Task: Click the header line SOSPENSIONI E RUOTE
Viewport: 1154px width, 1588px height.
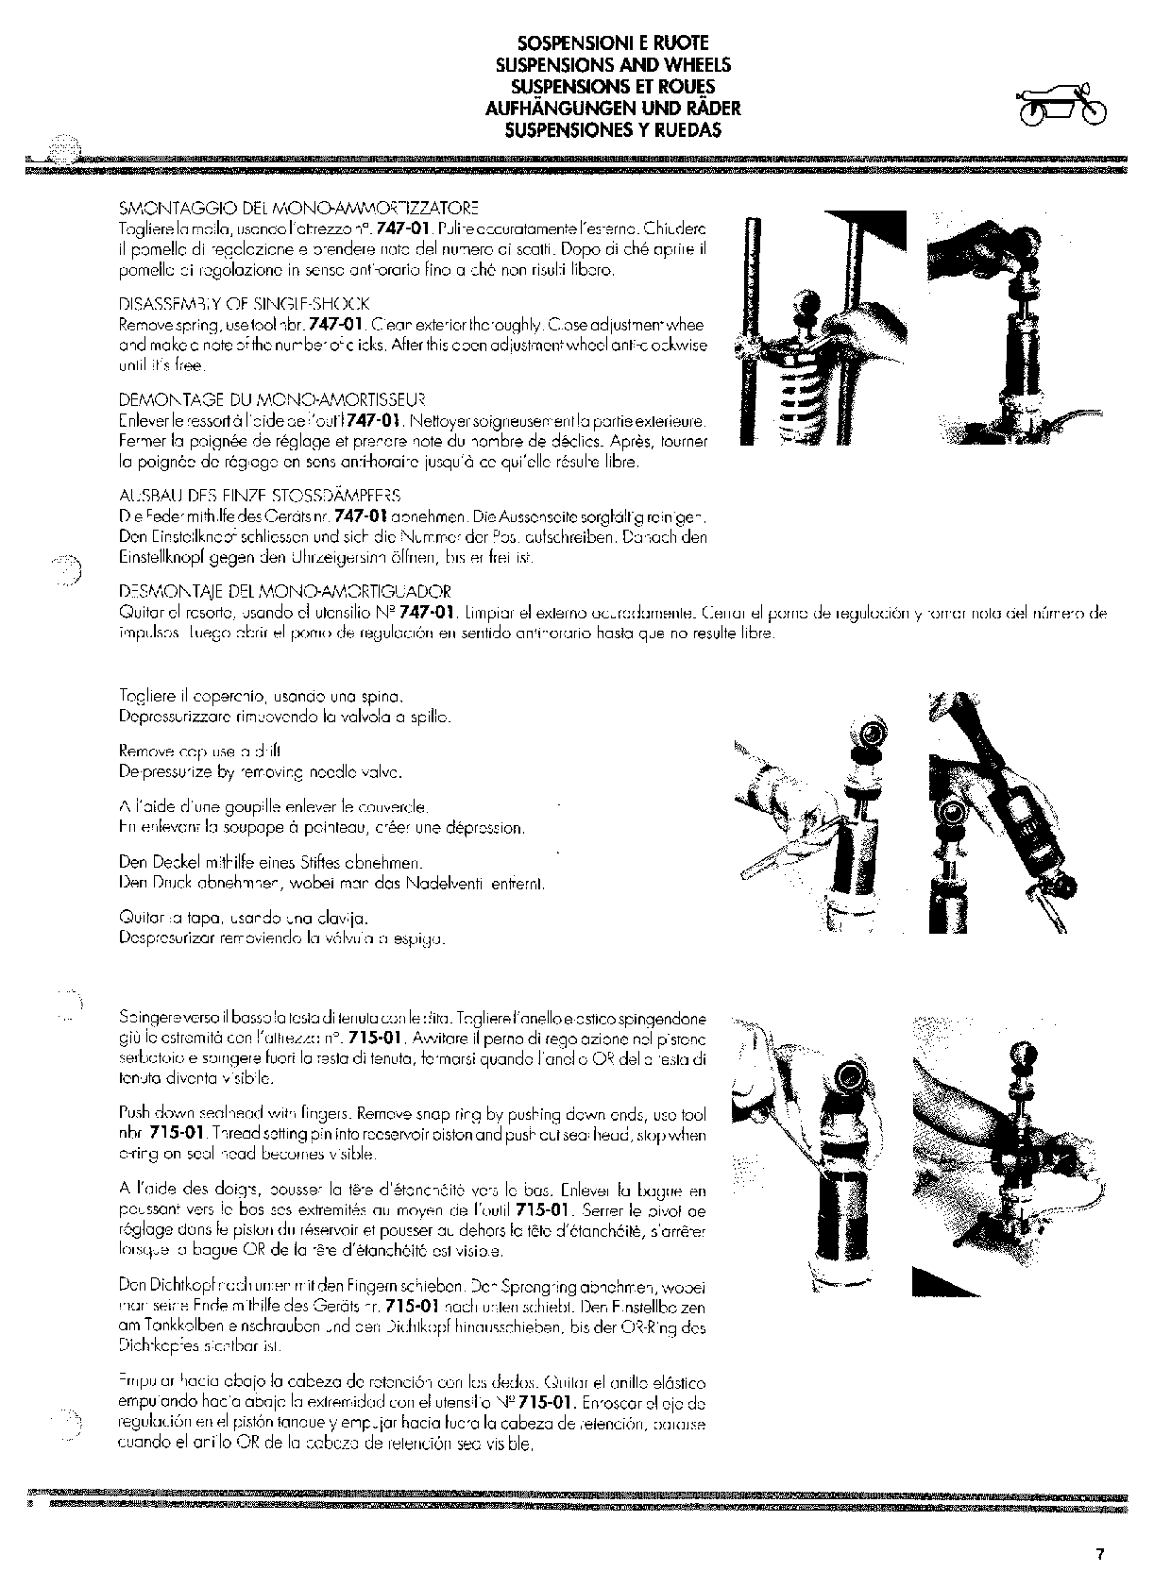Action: coord(613,43)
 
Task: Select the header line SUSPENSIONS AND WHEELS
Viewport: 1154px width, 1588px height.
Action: coord(613,65)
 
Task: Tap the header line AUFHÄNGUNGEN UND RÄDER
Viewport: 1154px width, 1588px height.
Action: coord(613,109)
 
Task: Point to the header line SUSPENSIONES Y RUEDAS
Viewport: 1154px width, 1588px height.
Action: coord(613,130)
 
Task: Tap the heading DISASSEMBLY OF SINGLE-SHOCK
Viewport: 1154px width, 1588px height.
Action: coord(245,304)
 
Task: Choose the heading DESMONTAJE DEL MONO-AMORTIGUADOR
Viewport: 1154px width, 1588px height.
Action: coord(286,592)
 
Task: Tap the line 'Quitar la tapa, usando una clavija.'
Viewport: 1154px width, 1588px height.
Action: coord(243,918)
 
